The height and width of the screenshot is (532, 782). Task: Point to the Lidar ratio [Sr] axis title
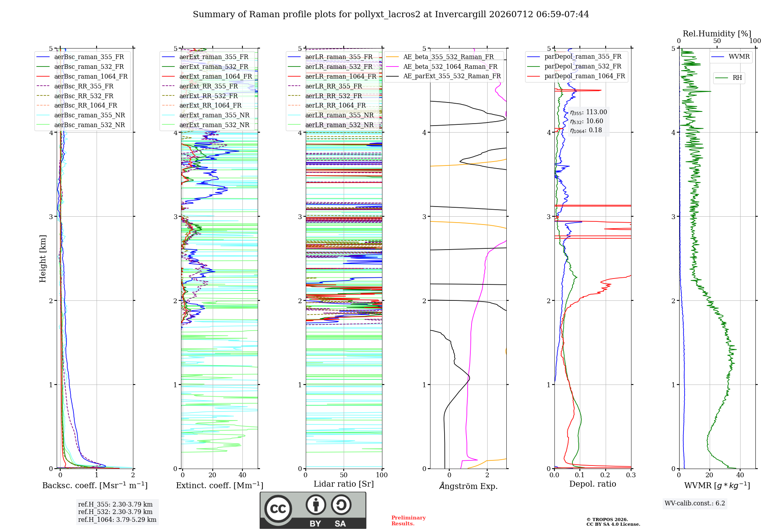tap(344, 484)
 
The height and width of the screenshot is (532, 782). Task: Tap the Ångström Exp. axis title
tap(468, 486)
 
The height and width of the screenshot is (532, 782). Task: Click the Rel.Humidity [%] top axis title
tap(717, 34)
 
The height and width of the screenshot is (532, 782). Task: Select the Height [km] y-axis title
tap(43, 259)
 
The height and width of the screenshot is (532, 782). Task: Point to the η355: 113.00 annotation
tap(588, 112)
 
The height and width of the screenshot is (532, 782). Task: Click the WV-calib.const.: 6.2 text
tap(695, 503)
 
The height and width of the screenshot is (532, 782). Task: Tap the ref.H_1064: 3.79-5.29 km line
tap(117, 519)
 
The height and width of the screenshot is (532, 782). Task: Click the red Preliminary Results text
tap(409, 521)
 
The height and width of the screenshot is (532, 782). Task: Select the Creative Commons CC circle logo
tap(278, 509)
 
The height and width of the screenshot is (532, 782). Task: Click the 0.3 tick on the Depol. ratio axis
tap(631, 475)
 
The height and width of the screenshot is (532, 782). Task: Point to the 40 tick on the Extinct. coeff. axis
tap(242, 475)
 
